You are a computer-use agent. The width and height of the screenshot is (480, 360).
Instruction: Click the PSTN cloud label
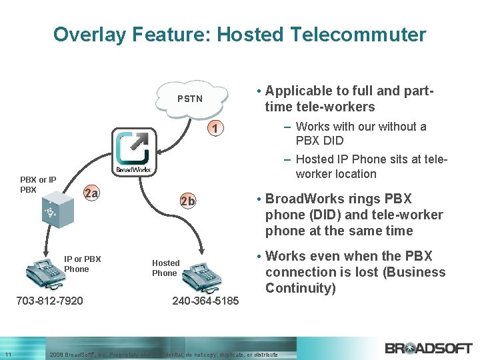[190, 99]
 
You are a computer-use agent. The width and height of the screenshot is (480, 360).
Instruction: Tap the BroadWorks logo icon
[133, 152]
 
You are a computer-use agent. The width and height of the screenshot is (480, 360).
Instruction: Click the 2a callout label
[91, 194]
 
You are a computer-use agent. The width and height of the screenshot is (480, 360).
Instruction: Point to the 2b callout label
[188, 201]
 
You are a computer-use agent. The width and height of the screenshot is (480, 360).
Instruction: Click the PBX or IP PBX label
[38, 185]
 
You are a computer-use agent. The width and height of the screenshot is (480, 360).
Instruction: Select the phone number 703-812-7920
[49, 301]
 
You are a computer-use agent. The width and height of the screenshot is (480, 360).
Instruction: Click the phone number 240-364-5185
[205, 301]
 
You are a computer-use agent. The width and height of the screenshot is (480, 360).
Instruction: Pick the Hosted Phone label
[165, 268]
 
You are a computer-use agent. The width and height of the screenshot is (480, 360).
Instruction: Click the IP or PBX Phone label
[83, 264]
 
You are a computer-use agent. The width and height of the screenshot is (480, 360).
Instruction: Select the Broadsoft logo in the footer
[428, 347]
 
